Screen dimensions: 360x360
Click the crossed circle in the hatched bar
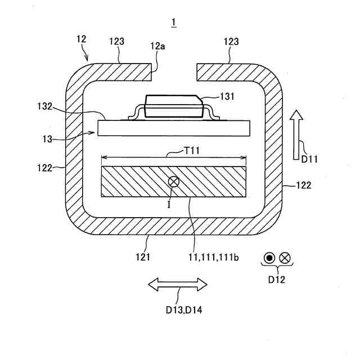[x=174, y=181]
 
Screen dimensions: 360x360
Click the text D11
[x=309, y=159]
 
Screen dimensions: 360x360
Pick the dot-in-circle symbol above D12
[x=269, y=258]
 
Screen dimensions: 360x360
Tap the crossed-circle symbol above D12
[x=285, y=258]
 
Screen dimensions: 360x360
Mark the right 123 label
[x=231, y=41]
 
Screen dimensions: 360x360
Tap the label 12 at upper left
[x=82, y=39]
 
